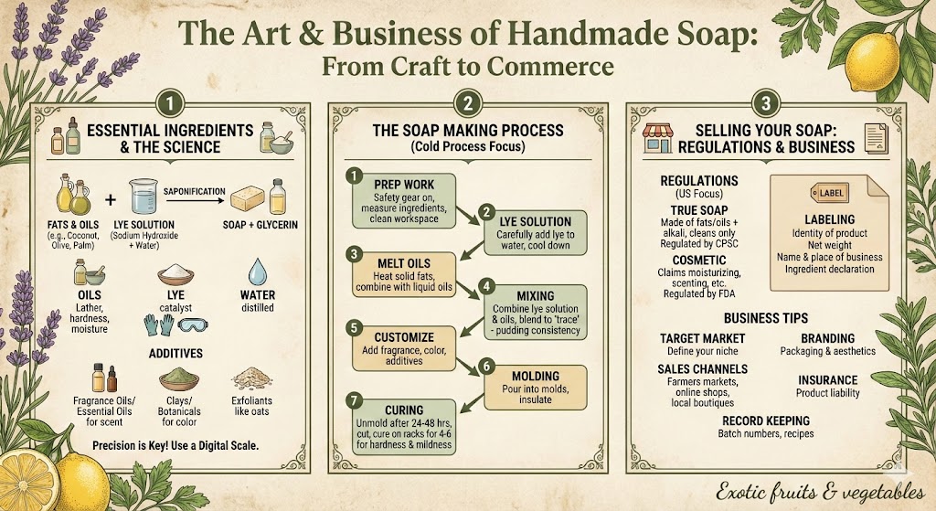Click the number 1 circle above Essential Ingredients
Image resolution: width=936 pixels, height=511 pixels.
(x=169, y=104)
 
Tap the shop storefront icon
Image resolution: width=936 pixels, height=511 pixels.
(x=658, y=138)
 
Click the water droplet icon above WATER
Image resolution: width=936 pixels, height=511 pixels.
(x=257, y=271)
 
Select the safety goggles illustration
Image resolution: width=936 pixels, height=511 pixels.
(x=193, y=325)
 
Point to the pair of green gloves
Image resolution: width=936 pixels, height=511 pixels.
(x=159, y=325)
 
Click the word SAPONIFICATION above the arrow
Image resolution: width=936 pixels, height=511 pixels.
(x=195, y=192)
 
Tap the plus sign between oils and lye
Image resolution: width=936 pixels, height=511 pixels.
(x=111, y=198)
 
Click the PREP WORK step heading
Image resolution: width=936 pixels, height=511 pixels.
(x=404, y=185)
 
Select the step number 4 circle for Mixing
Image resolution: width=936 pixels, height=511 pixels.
(x=486, y=286)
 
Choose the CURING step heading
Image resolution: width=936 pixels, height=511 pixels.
(x=404, y=410)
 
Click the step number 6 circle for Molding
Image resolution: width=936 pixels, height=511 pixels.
(x=486, y=366)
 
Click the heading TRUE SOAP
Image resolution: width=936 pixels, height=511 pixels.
(x=699, y=210)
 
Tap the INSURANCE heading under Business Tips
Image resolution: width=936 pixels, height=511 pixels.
(x=828, y=379)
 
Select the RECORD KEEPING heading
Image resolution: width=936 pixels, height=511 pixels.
(x=766, y=421)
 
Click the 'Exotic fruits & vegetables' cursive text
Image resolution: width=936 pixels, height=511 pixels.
(x=821, y=492)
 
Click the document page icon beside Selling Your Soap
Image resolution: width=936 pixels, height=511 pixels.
(x=876, y=138)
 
